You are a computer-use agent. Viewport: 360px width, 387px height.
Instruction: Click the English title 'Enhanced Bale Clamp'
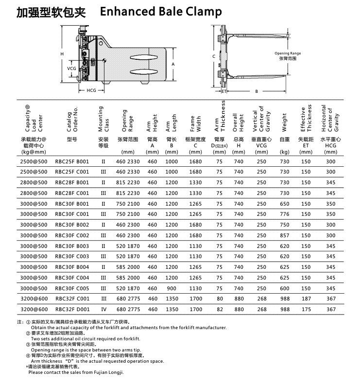coord(160,12)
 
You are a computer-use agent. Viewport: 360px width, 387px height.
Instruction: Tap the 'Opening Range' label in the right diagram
coord(288,53)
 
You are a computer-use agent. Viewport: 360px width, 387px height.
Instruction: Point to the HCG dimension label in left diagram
coord(91,91)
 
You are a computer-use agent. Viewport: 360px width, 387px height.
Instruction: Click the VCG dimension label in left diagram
coord(71,69)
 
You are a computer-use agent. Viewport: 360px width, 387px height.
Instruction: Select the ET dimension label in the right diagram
coord(224,91)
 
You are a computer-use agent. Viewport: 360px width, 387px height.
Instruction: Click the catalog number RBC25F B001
coord(72,161)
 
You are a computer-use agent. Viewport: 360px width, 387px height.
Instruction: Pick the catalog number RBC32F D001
coord(72,310)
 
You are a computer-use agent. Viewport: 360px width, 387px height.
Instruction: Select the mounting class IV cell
coord(103,310)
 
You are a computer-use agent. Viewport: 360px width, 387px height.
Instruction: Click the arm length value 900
coord(171,288)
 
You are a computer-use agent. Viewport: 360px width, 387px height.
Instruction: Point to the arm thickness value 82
coord(220,310)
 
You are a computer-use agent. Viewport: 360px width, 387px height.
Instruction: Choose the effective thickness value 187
coord(306,299)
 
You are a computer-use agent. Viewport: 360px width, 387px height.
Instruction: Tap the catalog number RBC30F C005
coord(72,288)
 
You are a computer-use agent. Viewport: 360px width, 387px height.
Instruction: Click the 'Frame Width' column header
coord(195,123)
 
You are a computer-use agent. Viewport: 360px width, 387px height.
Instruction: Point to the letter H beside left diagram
coord(62,54)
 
